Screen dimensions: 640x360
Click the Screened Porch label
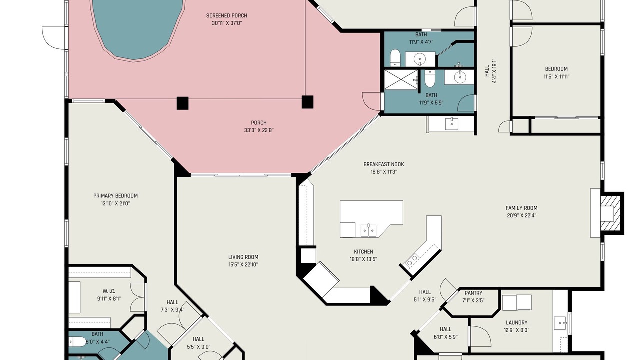(x=227, y=16)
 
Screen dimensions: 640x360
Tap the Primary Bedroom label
(x=115, y=196)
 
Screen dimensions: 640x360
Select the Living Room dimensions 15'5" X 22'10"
(x=243, y=265)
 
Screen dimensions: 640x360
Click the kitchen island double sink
(x=368, y=230)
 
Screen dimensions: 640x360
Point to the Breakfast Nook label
(x=384, y=164)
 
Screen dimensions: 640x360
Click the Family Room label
(x=521, y=208)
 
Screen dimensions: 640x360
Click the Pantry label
(x=473, y=293)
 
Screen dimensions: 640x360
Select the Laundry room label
(x=517, y=323)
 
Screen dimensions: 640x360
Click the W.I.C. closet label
(x=109, y=291)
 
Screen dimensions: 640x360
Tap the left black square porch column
(x=183, y=103)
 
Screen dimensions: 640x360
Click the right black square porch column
(x=307, y=102)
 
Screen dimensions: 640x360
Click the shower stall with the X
(x=401, y=79)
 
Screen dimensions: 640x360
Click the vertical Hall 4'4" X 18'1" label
(x=491, y=71)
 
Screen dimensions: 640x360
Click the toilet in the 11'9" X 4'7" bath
(x=395, y=58)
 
